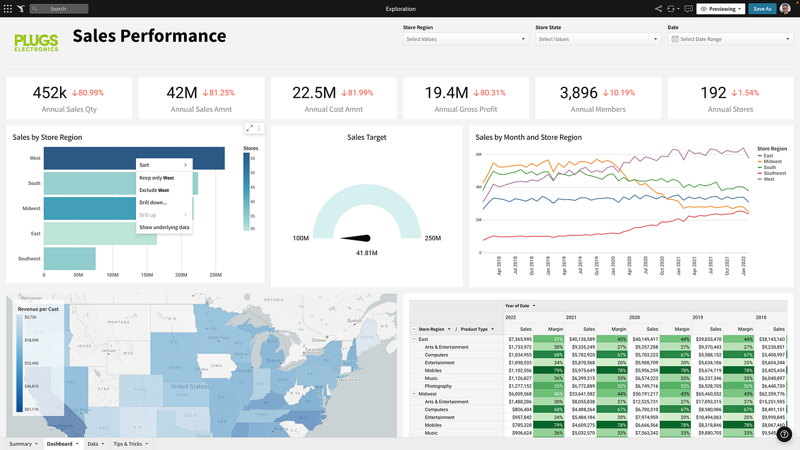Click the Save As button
pos(762,9)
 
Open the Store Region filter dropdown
pos(466,39)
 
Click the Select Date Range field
pos(730,39)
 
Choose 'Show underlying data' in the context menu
pos(164,227)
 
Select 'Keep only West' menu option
pos(157,178)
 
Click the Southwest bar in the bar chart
pos(69,259)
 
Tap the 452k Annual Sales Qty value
pos(50,93)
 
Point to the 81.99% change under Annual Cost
pos(357,93)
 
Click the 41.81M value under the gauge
pos(366,253)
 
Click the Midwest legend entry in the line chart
pos(772,162)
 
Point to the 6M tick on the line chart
pos(478,155)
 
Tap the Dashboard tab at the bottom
pos(60,444)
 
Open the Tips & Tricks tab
pos(127,444)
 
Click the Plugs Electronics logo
pos(36,42)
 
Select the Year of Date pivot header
pos(518,306)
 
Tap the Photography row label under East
pos(438,386)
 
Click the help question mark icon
pos(784,434)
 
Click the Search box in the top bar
pos(59,9)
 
